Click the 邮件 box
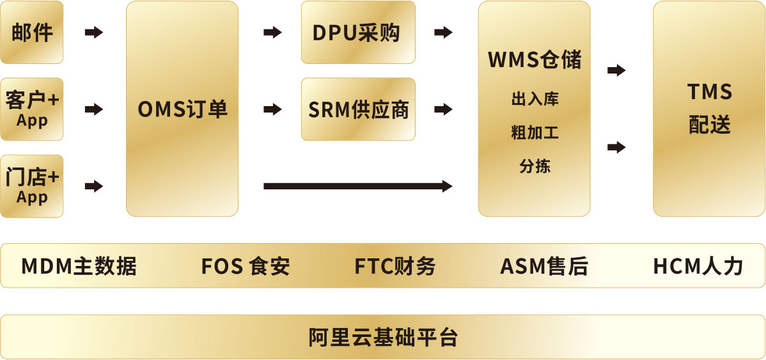[x=32, y=32]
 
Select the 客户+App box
[x=32, y=109]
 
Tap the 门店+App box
[x=32, y=186]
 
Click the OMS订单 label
[x=182, y=109]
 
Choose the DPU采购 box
[x=358, y=32]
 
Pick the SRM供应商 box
[x=358, y=109]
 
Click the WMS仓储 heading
[x=535, y=59]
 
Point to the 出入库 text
[x=535, y=100]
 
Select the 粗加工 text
[x=535, y=133]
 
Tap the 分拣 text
[x=535, y=167]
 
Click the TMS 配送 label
[x=709, y=109]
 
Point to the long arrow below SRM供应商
[x=357, y=186]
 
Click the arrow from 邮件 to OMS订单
[x=94, y=32]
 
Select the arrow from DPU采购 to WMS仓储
[x=443, y=32]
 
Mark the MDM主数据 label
[x=79, y=266]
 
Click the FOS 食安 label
[x=246, y=266]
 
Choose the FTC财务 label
[x=395, y=266]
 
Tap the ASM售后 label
[x=543, y=266]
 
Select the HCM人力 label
[x=698, y=266]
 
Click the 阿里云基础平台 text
[x=383, y=337]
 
